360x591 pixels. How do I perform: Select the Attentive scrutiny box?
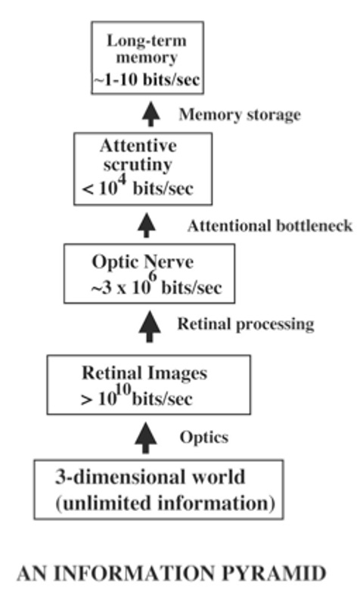tap(144, 169)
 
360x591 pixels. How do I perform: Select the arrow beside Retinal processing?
tap(147, 326)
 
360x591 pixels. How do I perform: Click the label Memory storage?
tap(239, 115)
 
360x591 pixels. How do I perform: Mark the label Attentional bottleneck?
tap(269, 226)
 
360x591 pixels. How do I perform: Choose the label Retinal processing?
tap(244, 325)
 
